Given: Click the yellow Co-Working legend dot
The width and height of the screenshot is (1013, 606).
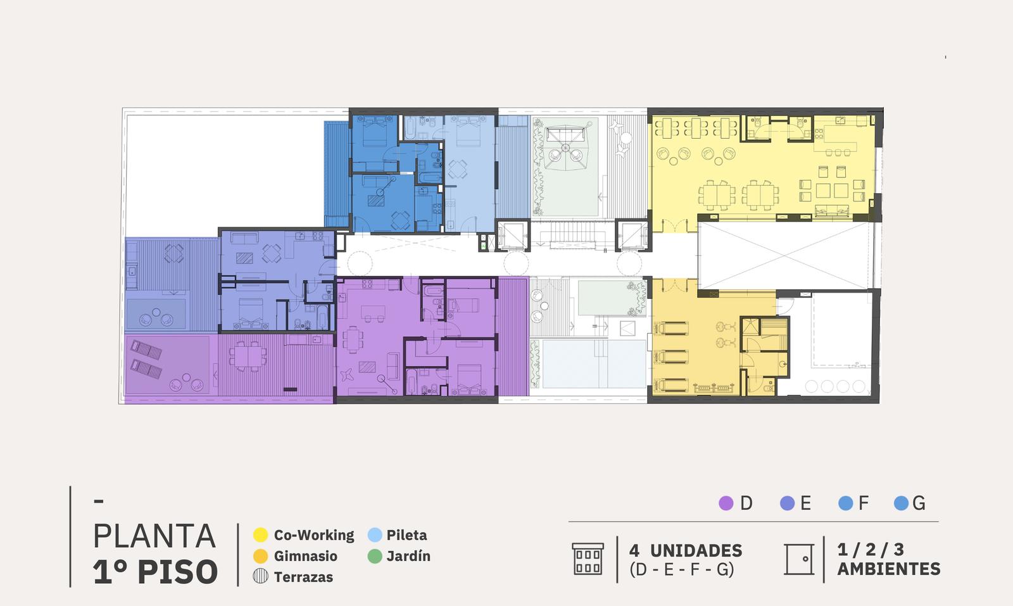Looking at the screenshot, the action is pos(260,535).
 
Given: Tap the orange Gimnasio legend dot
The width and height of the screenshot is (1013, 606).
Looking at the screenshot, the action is pos(260,556).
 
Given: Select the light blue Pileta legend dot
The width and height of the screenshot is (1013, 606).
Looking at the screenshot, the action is pos(375,535).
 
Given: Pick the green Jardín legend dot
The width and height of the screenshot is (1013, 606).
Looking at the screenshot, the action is pos(375,556).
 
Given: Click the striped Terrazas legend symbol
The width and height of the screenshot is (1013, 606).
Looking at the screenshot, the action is pos(260,577).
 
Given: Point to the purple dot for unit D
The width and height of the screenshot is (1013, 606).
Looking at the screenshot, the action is pos(726,503).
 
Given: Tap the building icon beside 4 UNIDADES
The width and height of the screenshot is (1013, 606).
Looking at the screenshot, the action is pos(588,559).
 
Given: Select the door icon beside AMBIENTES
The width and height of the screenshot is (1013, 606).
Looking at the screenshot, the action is pos(799,559).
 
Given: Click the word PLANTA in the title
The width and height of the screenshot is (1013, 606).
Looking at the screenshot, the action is pos(154,536).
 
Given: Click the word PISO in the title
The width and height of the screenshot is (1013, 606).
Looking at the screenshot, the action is pos(178,572).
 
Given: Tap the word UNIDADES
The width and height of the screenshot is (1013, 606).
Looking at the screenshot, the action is pos(696,550).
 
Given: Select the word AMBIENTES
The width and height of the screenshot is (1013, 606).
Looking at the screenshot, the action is pos(889,569).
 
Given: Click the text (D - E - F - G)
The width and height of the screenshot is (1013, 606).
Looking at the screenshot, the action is pos(681,569).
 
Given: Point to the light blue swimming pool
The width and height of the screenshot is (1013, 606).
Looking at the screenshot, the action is pos(594,364).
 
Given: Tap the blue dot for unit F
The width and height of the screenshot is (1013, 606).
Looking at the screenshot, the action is pos(846,503).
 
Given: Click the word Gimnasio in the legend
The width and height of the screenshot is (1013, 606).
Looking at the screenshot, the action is pos(306,556).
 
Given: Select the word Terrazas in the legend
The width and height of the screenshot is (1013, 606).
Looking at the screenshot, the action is pos(303,577).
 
